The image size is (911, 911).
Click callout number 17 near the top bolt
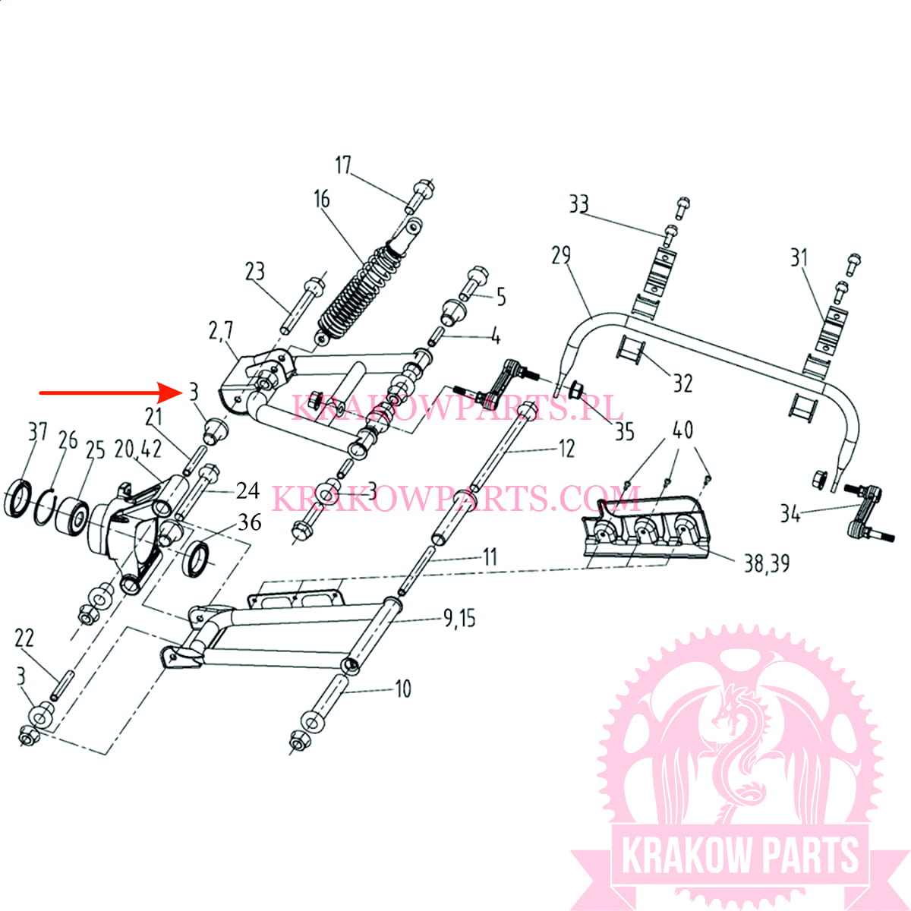(x=343, y=165)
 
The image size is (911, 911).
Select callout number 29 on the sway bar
(x=561, y=255)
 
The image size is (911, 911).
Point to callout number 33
(x=578, y=204)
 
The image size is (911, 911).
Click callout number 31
(x=799, y=258)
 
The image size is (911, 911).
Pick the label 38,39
(x=767, y=564)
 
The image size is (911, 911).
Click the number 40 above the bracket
(x=682, y=430)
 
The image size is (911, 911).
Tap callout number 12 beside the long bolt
(x=566, y=448)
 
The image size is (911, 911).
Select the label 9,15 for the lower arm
(x=459, y=619)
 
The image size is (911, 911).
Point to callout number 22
(x=24, y=638)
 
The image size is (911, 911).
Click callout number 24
(x=248, y=490)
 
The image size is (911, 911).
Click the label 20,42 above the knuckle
(x=138, y=449)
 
